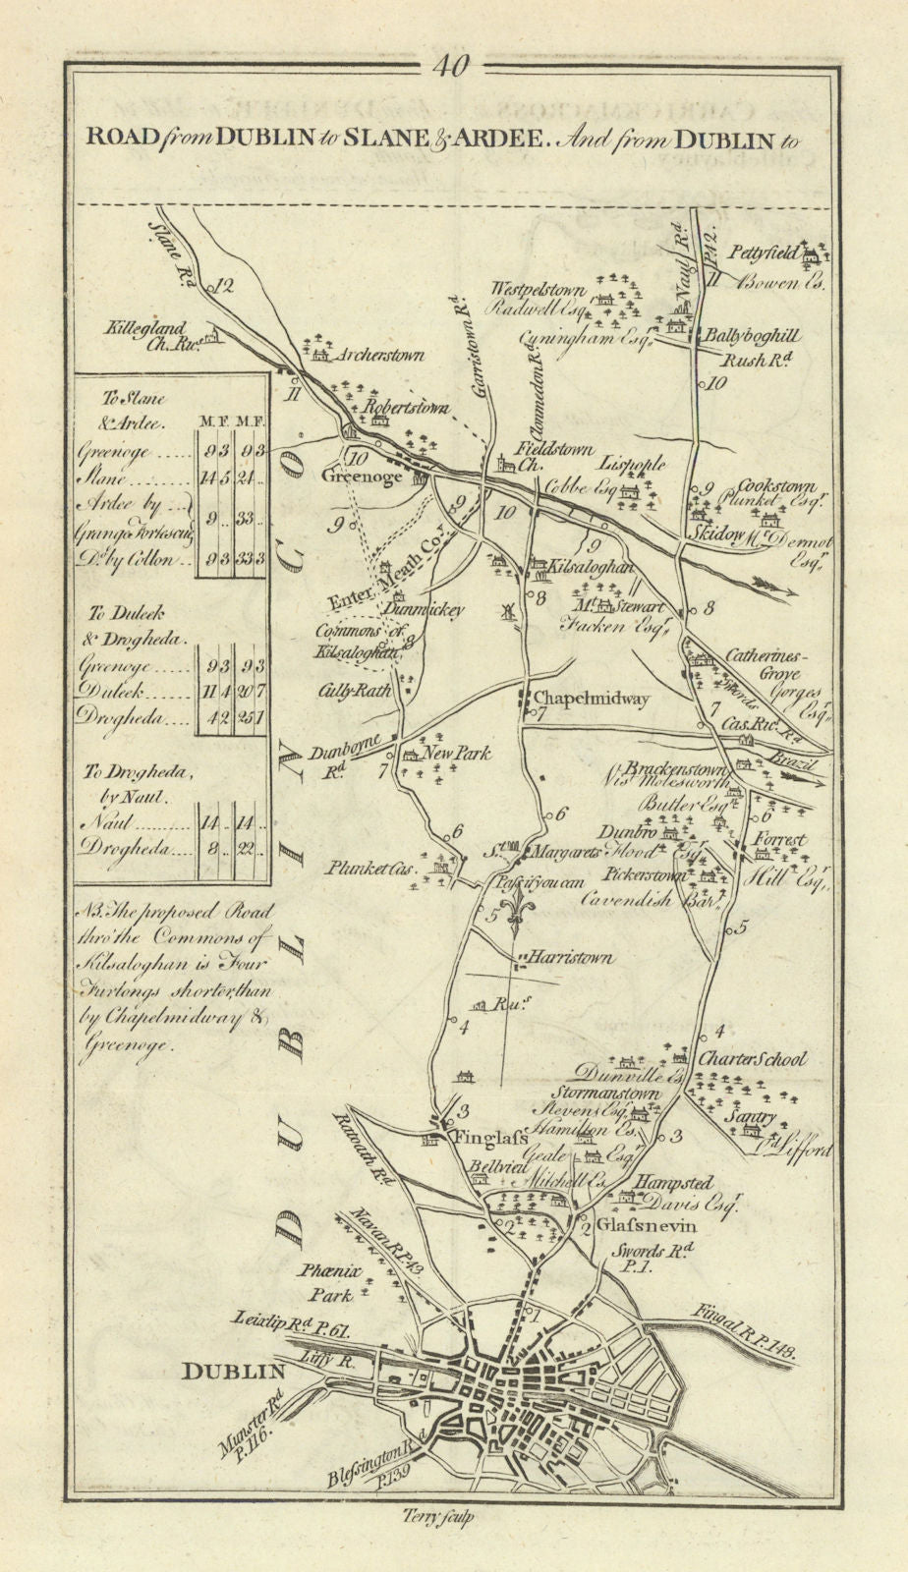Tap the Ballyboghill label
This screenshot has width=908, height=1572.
click(x=737, y=333)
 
